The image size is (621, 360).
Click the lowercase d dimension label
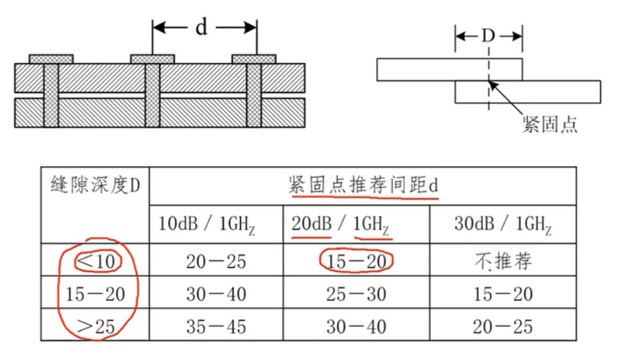point(201,27)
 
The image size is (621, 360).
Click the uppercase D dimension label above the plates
point(488,36)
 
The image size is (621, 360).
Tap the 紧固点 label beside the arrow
point(549,126)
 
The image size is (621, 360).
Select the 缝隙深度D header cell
point(95,187)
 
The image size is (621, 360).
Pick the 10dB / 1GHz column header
point(216,225)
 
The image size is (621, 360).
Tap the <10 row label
point(98,261)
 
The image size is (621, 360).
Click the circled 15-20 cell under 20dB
point(356,261)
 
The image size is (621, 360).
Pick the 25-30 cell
point(356,293)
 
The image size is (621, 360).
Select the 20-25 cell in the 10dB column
point(216,261)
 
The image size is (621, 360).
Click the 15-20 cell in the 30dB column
point(502,293)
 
